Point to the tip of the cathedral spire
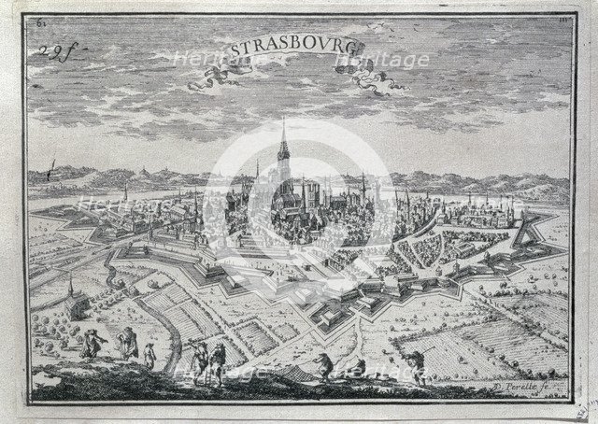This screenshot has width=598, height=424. (x=282, y=121)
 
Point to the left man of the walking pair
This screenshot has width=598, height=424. (x=197, y=358)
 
